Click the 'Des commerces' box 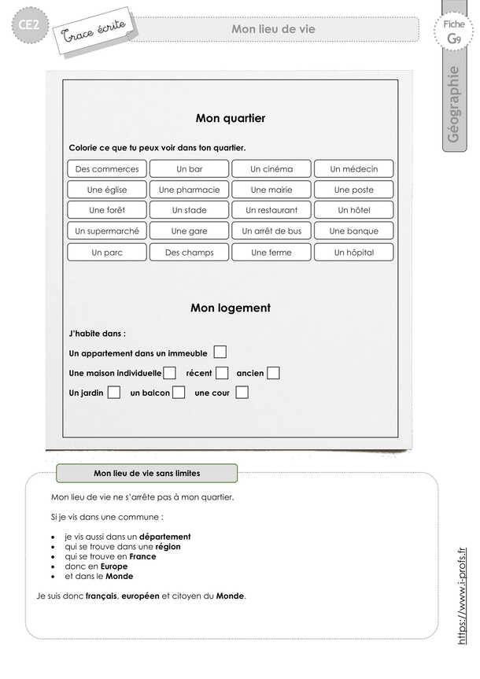coord(107,168)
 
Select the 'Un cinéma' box coord(271,168)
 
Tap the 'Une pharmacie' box coord(189,190)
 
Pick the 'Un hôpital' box coord(353,253)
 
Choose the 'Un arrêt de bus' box coord(271,231)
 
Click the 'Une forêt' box coord(107,210)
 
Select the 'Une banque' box coord(353,231)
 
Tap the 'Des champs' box coord(189,253)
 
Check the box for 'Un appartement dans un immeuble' coord(220,352)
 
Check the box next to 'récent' coord(222,373)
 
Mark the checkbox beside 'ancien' coord(273,373)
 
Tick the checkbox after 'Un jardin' coord(114,392)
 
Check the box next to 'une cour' coord(242,392)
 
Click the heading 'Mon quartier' coord(231,118)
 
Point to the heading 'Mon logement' coord(231,308)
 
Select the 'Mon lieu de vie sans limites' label coord(147,474)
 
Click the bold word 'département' coord(165,537)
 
